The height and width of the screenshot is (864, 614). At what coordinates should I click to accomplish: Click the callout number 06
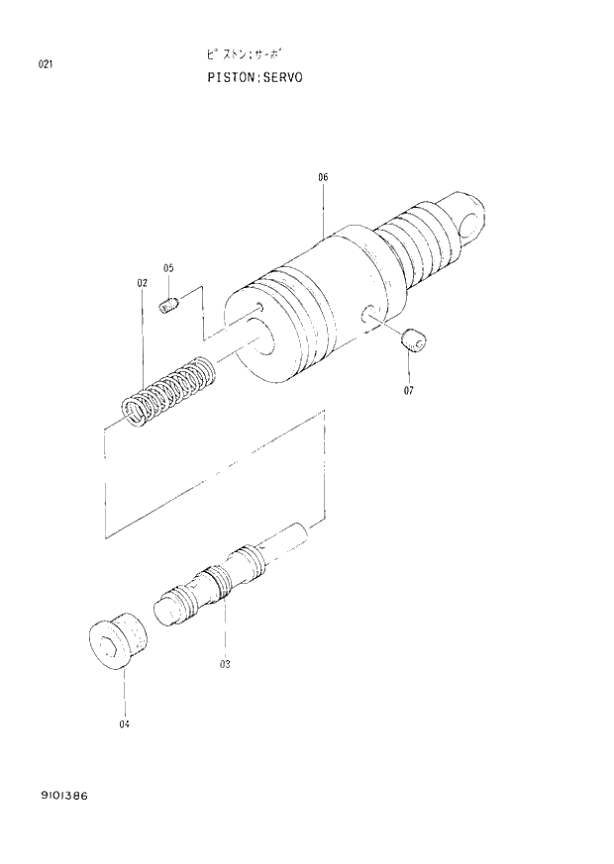[323, 177]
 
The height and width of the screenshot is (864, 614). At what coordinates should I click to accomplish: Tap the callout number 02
[142, 283]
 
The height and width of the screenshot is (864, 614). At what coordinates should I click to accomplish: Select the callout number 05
[168, 268]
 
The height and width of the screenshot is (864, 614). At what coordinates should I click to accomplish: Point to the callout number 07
[408, 390]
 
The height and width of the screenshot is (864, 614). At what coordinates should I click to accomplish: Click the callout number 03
[225, 664]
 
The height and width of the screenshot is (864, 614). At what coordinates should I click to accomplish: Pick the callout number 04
[125, 723]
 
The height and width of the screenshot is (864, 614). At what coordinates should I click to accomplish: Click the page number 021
[45, 65]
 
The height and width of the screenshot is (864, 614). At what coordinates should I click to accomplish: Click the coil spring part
[167, 392]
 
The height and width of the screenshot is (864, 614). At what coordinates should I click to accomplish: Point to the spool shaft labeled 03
[233, 579]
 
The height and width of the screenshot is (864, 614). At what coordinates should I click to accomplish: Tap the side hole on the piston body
[368, 316]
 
